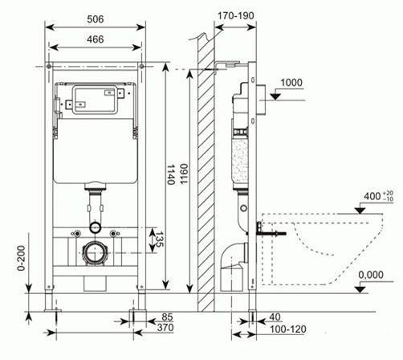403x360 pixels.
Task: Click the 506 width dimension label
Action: pyautogui.click(x=96, y=19)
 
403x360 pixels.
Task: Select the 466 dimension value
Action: pyautogui.click(x=96, y=39)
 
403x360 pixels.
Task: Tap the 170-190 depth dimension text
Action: pyautogui.click(x=235, y=16)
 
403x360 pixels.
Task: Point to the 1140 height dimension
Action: pyautogui.click(x=171, y=174)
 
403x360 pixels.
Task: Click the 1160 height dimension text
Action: pyautogui.click(x=184, y=174)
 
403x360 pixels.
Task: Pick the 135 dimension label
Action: pyautogui.click(x=160, y=239)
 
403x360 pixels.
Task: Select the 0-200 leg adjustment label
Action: pyautogui.click(x=22, y=258)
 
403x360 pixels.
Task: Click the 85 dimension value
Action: pyautogui.click(x=167, y=317)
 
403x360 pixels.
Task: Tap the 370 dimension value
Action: pyautogui.click(x=165, y=327)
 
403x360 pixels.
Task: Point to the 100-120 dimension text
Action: pyautogui.click(x=288, y=329)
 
